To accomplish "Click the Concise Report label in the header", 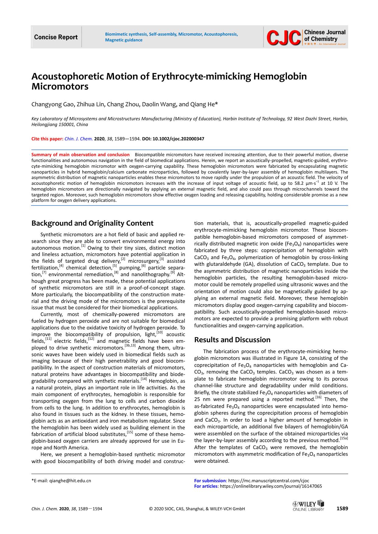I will click(x=56, y=37).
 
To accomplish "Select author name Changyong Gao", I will click(x=52, y=104).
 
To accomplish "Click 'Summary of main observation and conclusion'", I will click(x=80, y=155).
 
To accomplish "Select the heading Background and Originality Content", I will click(x=92, y=223).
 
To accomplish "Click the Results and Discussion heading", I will click(x=232, y=340).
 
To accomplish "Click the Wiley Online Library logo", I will click(x=308, y=506).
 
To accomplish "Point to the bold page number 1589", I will click(x=342, y=508).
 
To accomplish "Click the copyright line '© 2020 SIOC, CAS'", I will click(x=197, y=509).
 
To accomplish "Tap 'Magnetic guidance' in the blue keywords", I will click(x=124, y=40).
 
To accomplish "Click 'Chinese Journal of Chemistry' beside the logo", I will click(x=325, y=36).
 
